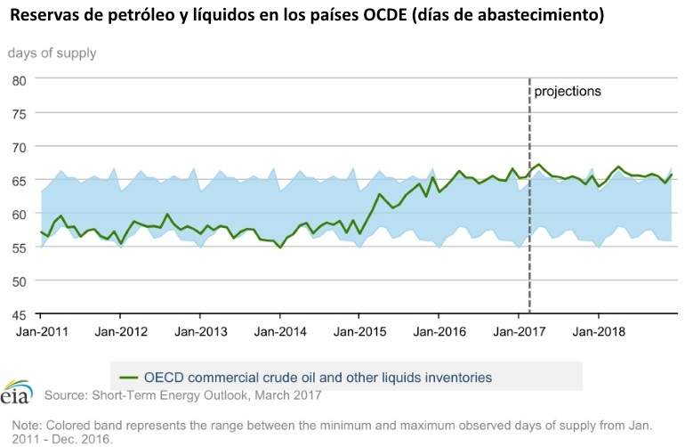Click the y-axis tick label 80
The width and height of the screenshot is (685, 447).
[x=19, y=79]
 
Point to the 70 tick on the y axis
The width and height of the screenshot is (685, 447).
[x=19, y=146]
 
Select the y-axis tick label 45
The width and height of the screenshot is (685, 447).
[x=19, y=314]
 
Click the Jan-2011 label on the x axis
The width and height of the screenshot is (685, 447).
[x=41, y=331]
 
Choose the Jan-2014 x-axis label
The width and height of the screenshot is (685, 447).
[x=279, y=331]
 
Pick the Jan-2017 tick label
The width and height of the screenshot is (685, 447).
[x=519, y=331]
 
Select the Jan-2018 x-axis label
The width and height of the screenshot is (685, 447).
[x=598, y=331]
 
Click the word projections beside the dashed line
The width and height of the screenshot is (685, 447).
[x=568, y=91]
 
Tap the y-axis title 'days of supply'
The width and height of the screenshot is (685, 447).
[x=52, y=53]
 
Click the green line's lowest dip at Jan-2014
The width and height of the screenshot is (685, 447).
[x=280, y=248]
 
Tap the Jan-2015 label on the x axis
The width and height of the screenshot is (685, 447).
[x=359, y=331]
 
